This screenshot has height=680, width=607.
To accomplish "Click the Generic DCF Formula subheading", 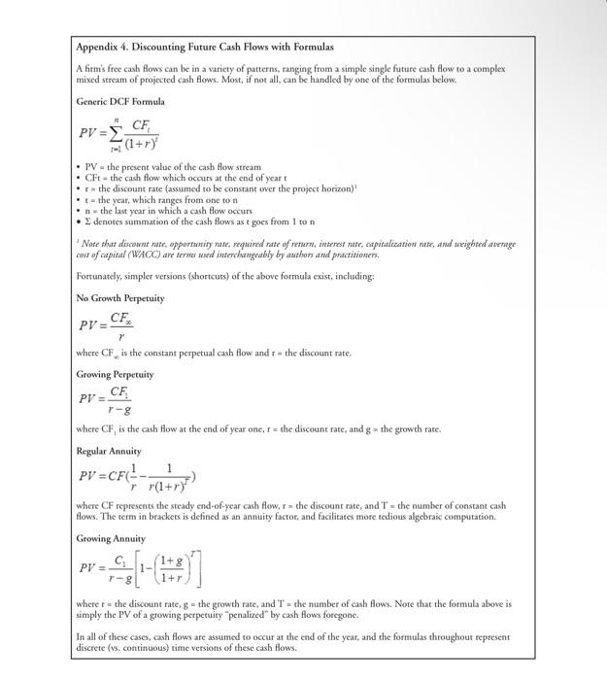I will coord(120,101).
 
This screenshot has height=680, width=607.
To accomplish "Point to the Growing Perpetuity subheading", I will coord(115,374).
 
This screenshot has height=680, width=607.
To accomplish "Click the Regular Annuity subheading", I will coord(109,451).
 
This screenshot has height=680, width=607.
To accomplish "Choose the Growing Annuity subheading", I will coord(111,538).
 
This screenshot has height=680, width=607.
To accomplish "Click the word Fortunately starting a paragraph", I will coord(101,277).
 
